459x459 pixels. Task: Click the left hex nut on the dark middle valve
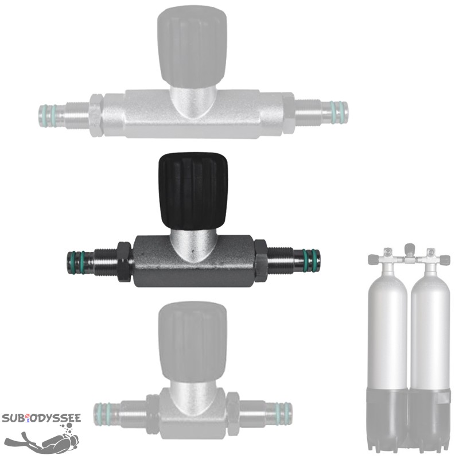[x=125, y=262]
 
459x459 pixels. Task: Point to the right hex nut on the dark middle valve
[x=260, y=261]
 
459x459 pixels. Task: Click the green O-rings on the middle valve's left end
[x=77, y=263]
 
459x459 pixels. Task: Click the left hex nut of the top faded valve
[x=96, y=115]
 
